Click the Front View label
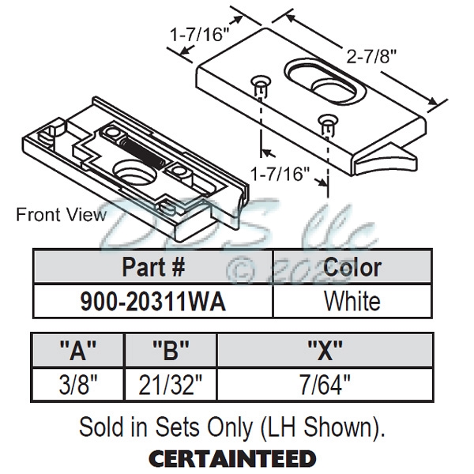click(x=61, y=214)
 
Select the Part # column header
click(x=153, y=267)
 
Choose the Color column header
click(x=352, y=267)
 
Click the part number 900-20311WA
click(x=153, y=301)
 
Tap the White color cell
click(x=352, y=301)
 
